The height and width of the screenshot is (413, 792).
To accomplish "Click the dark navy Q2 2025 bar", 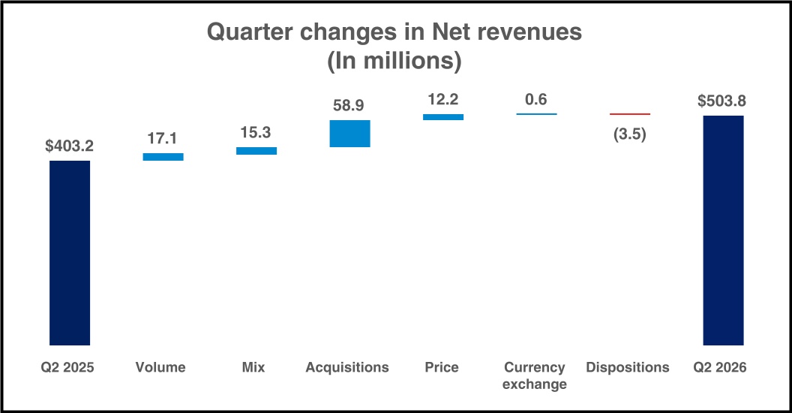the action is (70, 253).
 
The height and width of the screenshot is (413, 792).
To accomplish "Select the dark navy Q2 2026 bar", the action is (723, 231).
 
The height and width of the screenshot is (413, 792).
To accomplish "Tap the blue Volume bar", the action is (163, 157).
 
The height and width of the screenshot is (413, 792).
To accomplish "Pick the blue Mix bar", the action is (256, 151).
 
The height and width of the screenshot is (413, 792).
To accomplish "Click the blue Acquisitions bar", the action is (350, 134).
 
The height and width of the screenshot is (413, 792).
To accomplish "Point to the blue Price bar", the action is (443, 117).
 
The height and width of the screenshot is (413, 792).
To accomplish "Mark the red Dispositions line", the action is (630, 114).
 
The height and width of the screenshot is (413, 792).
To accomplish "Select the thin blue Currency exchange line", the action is (536, 114).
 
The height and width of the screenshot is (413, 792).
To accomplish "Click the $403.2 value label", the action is (69, 146).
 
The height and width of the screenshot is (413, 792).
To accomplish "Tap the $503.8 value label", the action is (721, 101).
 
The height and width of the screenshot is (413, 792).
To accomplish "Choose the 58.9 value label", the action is (349, 105).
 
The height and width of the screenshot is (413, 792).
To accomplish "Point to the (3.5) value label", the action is (630, 134).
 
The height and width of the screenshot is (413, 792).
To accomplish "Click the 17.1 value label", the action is (162, 138).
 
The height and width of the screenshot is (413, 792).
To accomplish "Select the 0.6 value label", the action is (536, 99).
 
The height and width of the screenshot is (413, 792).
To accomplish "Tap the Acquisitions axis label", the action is (347, 367).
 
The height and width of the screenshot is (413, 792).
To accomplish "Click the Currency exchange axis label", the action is (535, 375).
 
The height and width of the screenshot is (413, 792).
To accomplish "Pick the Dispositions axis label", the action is (627, 367).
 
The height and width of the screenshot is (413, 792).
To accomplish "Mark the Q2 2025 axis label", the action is (67, 367).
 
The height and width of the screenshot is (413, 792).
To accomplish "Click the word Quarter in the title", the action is (250, 32).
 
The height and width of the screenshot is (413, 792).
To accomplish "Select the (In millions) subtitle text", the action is (394, 61).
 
